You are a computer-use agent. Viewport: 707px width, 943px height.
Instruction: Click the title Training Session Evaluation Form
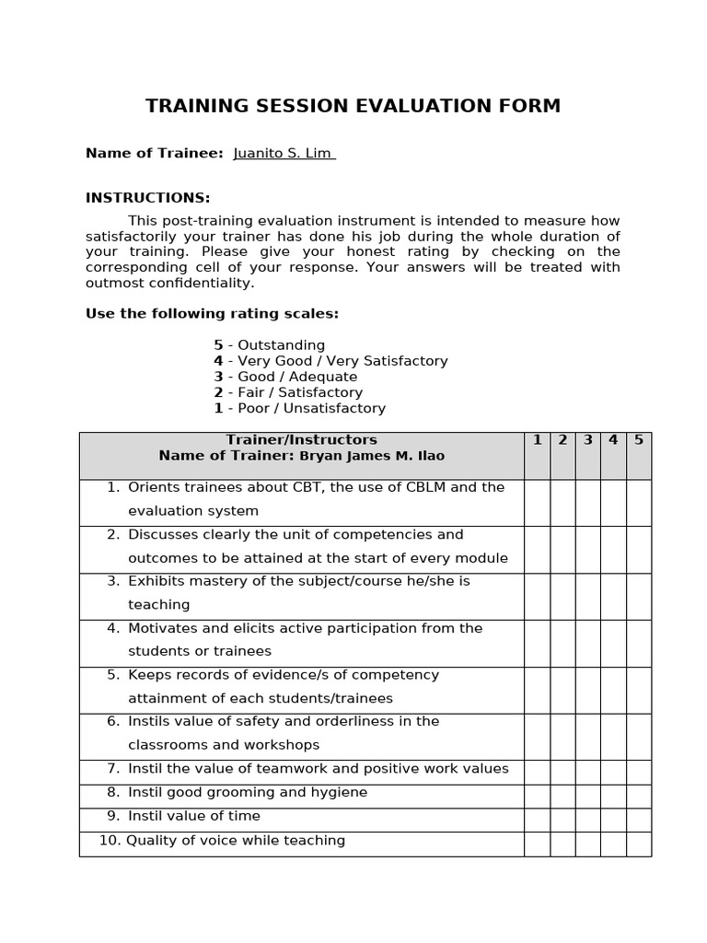click(x=353, y=106)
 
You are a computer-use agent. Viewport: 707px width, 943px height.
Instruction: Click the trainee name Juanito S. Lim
click(x=284, y=153)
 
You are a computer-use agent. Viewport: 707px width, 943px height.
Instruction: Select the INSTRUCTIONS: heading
click(x=147, y=198)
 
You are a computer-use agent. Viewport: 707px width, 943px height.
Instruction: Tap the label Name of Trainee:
click(x=154, y=153)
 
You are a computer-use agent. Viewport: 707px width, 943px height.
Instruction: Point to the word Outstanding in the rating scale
click(x=281, y=345)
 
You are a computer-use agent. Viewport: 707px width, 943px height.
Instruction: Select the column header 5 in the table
click(x=638, y=440)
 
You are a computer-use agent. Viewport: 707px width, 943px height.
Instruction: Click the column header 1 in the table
click(x=537, y=440)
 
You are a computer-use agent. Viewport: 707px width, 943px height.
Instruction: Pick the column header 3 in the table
click(x=587, y=440)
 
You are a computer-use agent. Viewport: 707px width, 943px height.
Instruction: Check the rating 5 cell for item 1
click(x=638, y=502)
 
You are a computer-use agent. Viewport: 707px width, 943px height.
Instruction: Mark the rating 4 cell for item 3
click(x=613, y=596)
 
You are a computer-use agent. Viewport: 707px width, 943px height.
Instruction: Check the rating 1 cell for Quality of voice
click(x=537, y=844)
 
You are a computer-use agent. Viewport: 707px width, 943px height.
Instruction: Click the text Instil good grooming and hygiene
click(x=247, y=792)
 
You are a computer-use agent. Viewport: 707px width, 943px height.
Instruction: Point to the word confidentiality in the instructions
click(x=199, y=283)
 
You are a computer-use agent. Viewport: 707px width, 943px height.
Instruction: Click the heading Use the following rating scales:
click(x=212, y=314)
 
